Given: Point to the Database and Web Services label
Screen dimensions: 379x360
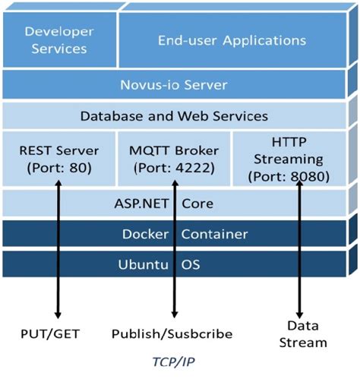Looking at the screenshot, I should point(174,116).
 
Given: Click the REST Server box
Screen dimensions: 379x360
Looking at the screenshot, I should point(57,156).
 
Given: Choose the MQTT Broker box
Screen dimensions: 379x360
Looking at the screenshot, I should point(172,156).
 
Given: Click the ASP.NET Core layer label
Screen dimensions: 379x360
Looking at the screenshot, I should point(174,204).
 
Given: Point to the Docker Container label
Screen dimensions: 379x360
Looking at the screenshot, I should point(174,235).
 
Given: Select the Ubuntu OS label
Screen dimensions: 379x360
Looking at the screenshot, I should point(174,265).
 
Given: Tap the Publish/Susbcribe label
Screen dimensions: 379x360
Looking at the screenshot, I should point(172,333).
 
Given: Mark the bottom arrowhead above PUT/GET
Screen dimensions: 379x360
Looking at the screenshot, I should point(58,314).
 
